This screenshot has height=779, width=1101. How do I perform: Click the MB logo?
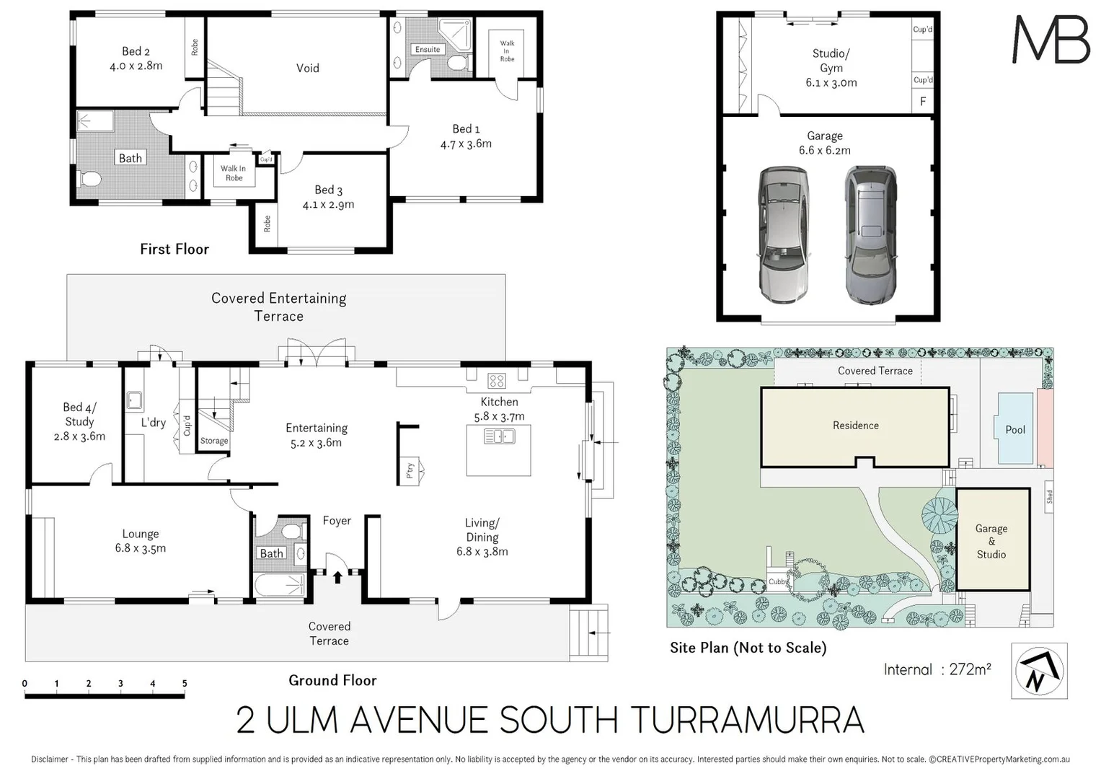click(x=1051, y=40)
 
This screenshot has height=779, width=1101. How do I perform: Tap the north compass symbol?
click(x=1039, y=671)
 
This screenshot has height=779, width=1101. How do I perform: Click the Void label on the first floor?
click(x=308, y=69)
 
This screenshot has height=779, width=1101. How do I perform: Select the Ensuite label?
click(x=428, y=50)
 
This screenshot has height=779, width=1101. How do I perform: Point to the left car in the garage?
click(x=783, y=234)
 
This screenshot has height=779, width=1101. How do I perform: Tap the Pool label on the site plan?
click(x=1015, y=430)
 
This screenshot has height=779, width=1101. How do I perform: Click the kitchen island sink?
click(x=499, y=436)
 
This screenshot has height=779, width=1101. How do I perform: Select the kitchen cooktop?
click(x=496, y=380)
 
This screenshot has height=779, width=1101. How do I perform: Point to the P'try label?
click(x=410, y=470)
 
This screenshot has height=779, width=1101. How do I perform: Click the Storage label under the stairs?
click(x=214, y=441)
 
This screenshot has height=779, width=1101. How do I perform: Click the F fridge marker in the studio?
click(x=923, y=102)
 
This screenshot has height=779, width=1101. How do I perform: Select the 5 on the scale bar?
click(x=185, y=684)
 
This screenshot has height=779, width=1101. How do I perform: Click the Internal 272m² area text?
click(x=937, y=669)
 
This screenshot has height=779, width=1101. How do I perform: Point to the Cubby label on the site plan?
click(x=778, y=582)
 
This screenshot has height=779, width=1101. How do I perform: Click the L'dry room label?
click(x=153, y=422)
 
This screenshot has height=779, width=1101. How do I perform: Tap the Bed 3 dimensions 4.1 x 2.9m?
click(x=328, y=205)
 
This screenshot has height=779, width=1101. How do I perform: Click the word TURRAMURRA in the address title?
click(x=747, y=720)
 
